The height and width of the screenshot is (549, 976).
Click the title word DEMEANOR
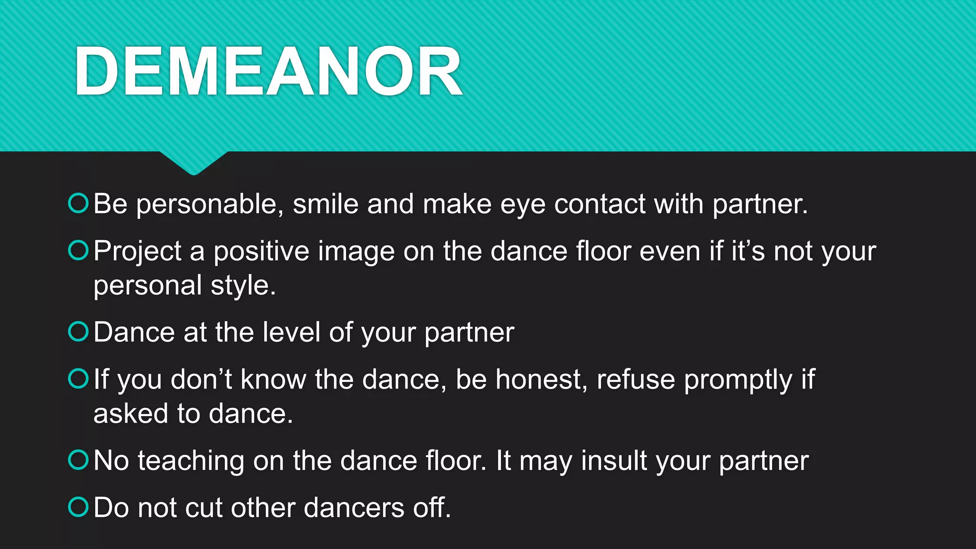click(x=268, y=71)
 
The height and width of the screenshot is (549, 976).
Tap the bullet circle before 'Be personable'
click(x=79, y=203)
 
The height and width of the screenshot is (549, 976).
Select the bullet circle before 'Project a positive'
click(x=79, y=250)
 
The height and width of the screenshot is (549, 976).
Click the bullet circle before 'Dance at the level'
click(x=79, y=331)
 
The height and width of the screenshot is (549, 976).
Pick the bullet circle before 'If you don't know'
click(x=79, y=378)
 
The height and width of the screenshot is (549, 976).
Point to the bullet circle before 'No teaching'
click(x=79, y=460)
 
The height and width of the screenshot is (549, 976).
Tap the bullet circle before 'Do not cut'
click(x=79, y=507)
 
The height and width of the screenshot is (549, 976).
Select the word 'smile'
click(x=325, y=204)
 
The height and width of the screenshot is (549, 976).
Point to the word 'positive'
click(x=261, y=252)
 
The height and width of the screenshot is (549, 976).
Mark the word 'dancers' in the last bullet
click(x=354, y=508)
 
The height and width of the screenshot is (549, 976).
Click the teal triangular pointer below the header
click(x=194, y=162)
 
